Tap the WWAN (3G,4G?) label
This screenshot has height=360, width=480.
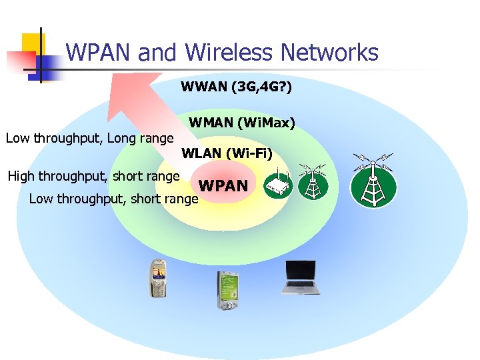point(236,87)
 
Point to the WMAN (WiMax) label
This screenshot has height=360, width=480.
point(242,123)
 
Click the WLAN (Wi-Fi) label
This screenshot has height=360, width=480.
point(227,154)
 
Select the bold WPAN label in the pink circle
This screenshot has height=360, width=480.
point(223,186)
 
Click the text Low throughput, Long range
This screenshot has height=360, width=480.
point(89,139)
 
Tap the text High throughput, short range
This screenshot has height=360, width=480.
point(93,177)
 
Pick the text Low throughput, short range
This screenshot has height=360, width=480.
point(113,199)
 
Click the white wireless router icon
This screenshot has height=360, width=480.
point(278,185)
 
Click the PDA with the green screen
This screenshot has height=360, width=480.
point(227,290)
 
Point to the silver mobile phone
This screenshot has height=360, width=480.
point(157,277)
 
